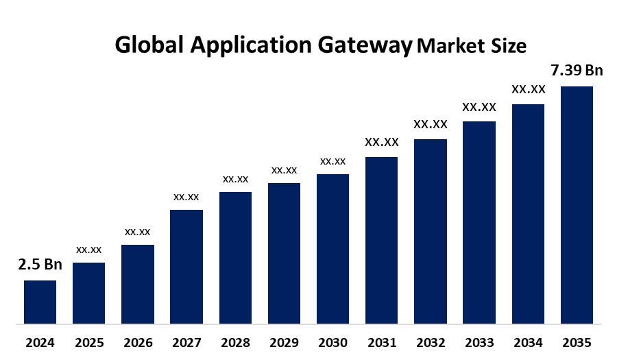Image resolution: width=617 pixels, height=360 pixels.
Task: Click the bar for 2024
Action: [x=40, y=302]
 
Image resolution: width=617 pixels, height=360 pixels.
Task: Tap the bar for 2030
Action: [x=332, y=248]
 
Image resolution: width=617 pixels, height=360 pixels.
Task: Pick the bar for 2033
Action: [x=479, y=222]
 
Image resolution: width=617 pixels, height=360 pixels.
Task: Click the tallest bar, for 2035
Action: [x=577, y=204]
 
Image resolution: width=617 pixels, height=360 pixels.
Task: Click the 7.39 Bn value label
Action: [x=577, y=71]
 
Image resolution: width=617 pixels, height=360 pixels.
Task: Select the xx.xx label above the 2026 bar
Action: [x=137, y=232]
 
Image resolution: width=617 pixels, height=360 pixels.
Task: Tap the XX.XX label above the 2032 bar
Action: [x=430, y=125]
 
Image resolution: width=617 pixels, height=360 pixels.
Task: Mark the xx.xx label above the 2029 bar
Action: [x=284, y=170]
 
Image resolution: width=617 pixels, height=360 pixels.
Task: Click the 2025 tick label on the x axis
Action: [x=88, y=342]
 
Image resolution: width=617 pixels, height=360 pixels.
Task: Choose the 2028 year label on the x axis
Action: [x=235, y=342]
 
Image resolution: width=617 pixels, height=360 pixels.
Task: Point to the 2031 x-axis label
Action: [x=381, y=342]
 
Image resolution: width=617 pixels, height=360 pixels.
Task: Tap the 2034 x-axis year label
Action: [x=528, y=342]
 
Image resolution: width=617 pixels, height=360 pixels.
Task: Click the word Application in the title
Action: [x=252, y=45]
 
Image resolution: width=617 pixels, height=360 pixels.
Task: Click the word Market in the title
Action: [x=448, y=46]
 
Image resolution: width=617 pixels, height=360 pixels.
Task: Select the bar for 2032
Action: [x=430, y=231]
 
